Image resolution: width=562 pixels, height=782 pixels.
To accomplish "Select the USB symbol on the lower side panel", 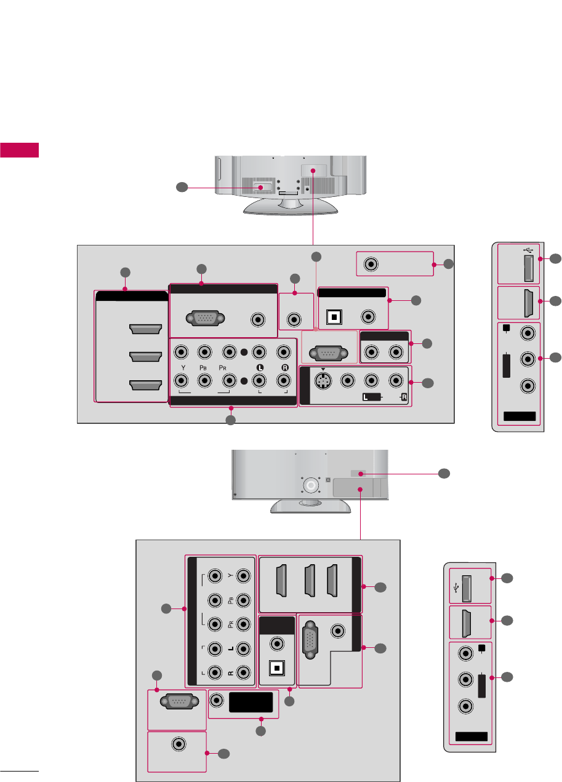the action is (x=456, y=582).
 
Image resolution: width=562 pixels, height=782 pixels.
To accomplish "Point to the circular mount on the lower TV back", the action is (x=311, y=485).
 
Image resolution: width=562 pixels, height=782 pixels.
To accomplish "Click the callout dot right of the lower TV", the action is (x=444, y=474).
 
